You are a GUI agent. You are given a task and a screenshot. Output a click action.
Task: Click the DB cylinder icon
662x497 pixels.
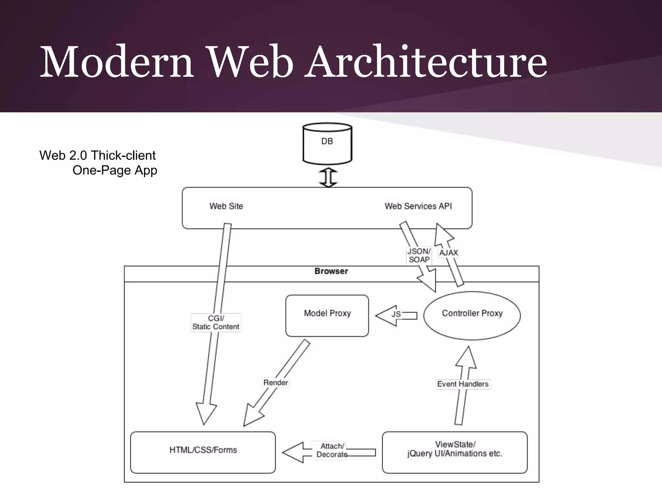(327, 143)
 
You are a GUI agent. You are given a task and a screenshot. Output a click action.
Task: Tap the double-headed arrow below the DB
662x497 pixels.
(328, 177)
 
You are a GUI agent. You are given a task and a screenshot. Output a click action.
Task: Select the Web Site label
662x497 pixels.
(226, 206)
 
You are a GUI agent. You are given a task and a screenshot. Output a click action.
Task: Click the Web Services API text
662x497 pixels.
(418, 206)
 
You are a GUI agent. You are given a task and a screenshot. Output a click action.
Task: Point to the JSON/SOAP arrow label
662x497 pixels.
(419, 255)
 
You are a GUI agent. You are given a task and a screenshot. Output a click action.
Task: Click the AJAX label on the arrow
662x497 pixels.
(448, 253)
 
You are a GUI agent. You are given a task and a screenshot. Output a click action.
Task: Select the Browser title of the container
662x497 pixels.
(331, 271)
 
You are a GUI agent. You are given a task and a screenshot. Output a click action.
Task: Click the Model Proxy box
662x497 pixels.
(327, 315)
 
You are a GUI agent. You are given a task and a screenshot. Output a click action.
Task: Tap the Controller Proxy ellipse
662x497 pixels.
(472, 315)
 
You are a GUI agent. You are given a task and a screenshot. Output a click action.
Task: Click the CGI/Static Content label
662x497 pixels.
(216, 323)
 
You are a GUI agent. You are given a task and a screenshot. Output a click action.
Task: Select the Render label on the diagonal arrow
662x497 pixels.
(275, 383)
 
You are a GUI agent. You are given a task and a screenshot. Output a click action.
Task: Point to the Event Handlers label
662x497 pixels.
(463, 384)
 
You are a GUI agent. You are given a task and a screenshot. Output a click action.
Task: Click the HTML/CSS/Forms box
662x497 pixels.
(203, 452)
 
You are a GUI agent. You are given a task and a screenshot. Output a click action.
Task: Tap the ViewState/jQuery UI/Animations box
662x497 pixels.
(454, 452)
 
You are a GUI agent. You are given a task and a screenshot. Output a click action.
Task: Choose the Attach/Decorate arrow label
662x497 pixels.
(332, 450)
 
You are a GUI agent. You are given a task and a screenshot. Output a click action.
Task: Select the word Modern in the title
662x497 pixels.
(116, 61)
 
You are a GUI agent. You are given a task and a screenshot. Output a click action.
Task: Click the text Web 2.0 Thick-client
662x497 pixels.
(97, 155)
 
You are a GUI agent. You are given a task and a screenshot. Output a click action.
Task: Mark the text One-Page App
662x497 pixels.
(115, 170)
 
